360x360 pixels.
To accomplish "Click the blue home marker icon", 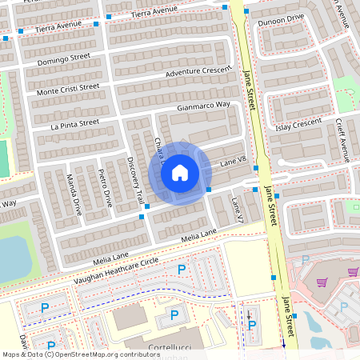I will click(x=180, y=172).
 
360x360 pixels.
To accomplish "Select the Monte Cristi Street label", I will click(x=68, y=90).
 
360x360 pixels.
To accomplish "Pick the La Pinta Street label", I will click(x=74, y=123).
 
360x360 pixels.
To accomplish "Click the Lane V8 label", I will click(x=232, y=162).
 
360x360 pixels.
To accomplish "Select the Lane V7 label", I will click(x=236, y=210).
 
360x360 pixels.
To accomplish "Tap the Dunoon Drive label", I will click(x=281, y=18).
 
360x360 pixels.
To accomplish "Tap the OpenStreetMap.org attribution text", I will click(x=104, y=354).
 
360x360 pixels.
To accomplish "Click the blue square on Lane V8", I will click(x=208, y=189).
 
